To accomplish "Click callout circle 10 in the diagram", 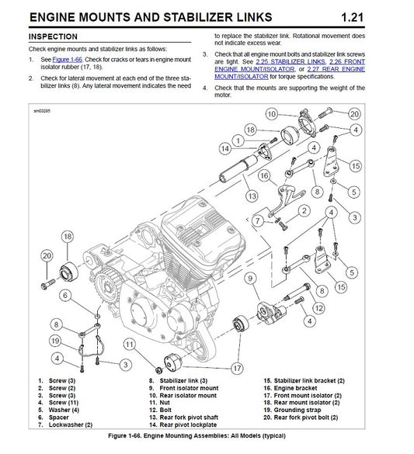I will [271, 114].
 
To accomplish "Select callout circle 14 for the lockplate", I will [224, 147].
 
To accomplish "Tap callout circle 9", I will [249, 277].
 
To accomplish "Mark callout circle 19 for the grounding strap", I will [55, 340].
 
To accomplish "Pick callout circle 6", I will [66, 295].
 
